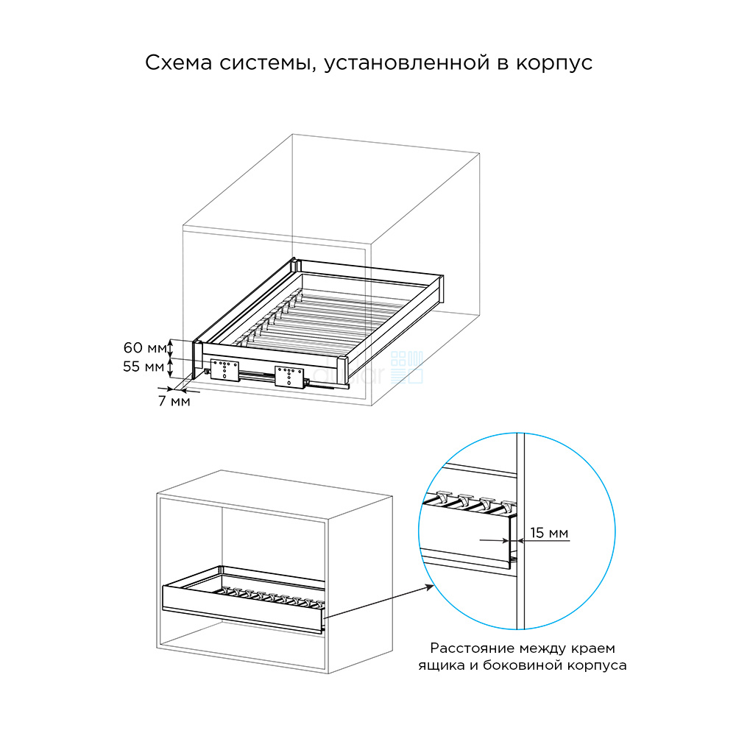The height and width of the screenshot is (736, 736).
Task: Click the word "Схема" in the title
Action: [x=178, y=63]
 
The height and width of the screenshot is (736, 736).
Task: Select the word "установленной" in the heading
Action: [x=407, y=63]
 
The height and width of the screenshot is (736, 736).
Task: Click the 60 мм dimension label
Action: [x=145, y=348]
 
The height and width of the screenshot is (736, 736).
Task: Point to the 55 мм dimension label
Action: [x=144, y=366]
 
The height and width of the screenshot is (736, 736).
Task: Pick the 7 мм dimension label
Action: [x=174, y=401]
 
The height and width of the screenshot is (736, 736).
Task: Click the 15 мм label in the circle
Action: [x=549, y=533]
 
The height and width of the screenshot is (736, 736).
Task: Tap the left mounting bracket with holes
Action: [x=224, y=369]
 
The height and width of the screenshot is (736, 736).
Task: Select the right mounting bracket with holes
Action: [x=289, y=376]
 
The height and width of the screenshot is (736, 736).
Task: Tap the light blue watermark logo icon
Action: [x=407, y=367]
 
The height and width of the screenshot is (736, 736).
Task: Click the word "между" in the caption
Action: [x=544, y=648]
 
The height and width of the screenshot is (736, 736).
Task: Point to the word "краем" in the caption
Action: [x=593, y=648]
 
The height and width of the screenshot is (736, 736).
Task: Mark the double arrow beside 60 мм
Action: [x=171, y=348]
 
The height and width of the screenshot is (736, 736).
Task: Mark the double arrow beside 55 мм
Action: [x=171, y=367]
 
